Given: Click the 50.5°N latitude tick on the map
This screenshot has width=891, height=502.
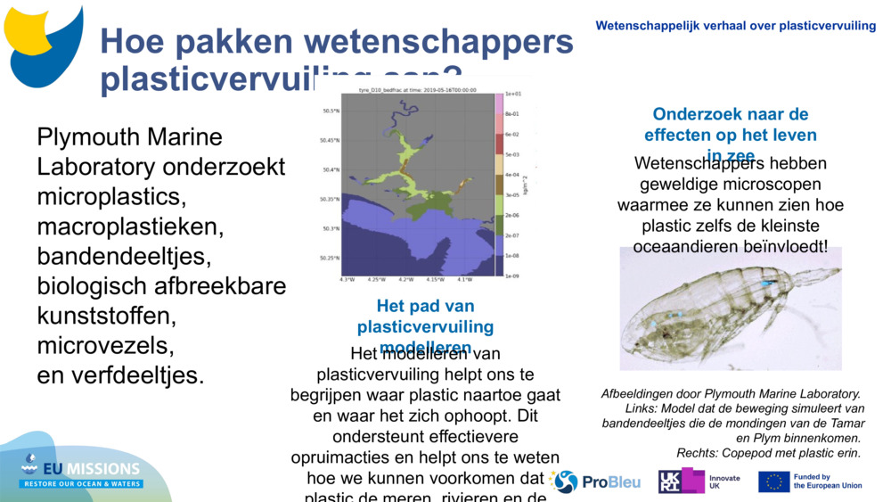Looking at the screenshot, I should tap(330, 111).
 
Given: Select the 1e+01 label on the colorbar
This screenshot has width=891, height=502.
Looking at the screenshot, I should tap(512, 94).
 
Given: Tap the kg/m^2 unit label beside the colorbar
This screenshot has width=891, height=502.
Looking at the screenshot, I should tap(527, 185).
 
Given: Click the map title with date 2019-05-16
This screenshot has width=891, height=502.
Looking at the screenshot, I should tap(417, 90).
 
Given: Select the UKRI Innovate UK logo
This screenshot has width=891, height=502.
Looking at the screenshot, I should tap(699, 481).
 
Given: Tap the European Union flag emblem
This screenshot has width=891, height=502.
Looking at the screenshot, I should tap(773, 482).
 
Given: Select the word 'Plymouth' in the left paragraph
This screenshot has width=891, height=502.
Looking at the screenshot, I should tap(89, 137).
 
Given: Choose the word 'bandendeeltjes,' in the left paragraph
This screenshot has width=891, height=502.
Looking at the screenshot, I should tap(125, 257).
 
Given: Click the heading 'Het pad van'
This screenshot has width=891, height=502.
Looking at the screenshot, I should tap(425, 306).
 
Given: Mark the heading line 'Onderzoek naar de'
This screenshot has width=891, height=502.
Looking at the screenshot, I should tap(730, 114).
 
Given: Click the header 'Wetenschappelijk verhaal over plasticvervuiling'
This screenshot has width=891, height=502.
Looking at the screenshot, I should tap(735, 26).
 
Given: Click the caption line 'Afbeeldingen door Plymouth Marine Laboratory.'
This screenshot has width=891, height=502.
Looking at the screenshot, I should tap(731, 393).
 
